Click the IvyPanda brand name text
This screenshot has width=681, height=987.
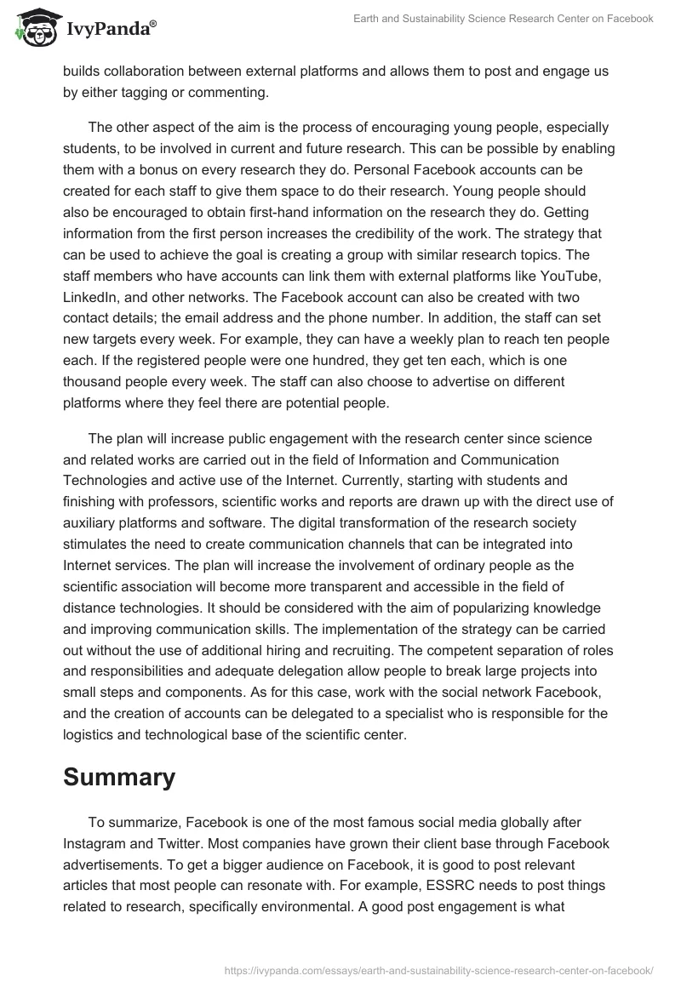(x=106, y=30)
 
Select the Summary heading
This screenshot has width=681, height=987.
(x=119, y=776)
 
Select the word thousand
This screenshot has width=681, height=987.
(x=94, y=381)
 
